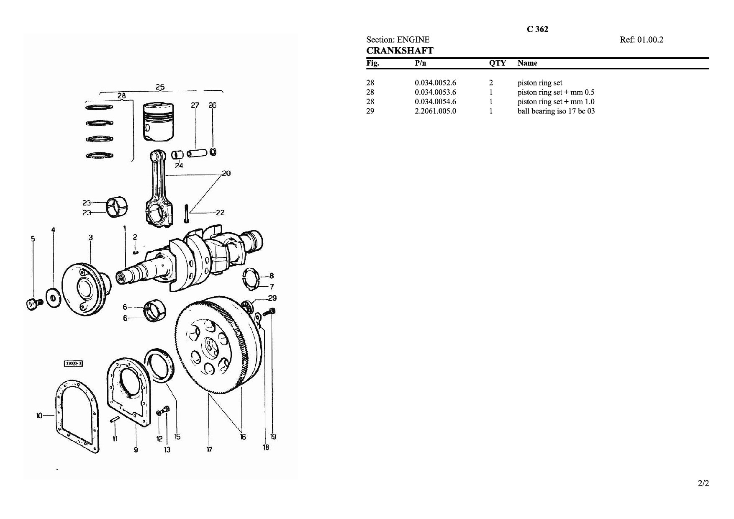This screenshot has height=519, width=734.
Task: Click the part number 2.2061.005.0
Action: coord(435,111)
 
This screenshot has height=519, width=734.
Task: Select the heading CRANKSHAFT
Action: coord(400,51)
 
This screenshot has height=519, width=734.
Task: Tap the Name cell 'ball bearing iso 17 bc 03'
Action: coord(556,111)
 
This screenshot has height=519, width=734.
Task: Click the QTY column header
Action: coord(498,63)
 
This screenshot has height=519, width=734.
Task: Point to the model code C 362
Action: coord(537,29)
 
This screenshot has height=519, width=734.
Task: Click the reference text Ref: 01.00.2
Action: coord(642,40)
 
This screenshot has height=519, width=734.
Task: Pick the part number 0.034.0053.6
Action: coord(435,92)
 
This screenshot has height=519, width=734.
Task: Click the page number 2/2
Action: coord(703,483)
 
